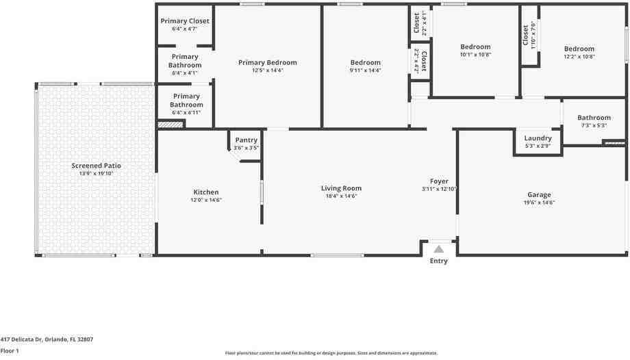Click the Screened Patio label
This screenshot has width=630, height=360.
[x=97, y=166]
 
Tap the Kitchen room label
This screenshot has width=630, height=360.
[x=205, y=192]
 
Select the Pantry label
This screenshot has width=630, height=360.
[x=246, y=140]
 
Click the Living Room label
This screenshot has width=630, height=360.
[x=341, y=188]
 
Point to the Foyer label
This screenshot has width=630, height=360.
[x=439, y=181]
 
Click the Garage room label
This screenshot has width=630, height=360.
[x=539, y=195]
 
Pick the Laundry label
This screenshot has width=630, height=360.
[x=538, y=138]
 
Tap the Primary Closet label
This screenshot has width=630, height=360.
[x=185, y=21]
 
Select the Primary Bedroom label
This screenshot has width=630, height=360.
[x=267, y=62]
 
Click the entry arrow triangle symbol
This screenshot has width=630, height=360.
[x=438, y=249]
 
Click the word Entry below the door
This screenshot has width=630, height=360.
[x=438, y=261]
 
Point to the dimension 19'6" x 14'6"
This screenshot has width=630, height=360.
[x=539, y=203]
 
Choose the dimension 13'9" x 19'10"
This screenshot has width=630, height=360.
[x=97, y=173]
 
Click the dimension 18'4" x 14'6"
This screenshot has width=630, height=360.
[x=341, y=196]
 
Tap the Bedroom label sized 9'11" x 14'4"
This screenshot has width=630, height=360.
[x=365, y=62]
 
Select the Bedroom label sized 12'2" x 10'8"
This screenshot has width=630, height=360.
[x=579, y=49]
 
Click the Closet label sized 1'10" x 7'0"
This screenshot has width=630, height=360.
[x=526, y=35]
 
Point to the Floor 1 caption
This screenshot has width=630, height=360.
[x=10, y=351]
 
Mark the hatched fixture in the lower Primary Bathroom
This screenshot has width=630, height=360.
[x=170, y=125]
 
